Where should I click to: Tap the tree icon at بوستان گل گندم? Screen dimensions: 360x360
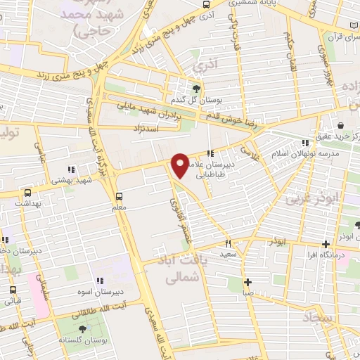[x=196, y=89]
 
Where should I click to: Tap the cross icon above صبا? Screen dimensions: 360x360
[x=247, y=283]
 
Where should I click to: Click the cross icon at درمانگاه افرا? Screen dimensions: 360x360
[x=326, y=244]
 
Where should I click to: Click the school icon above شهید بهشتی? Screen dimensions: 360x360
[x=70, y=169]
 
